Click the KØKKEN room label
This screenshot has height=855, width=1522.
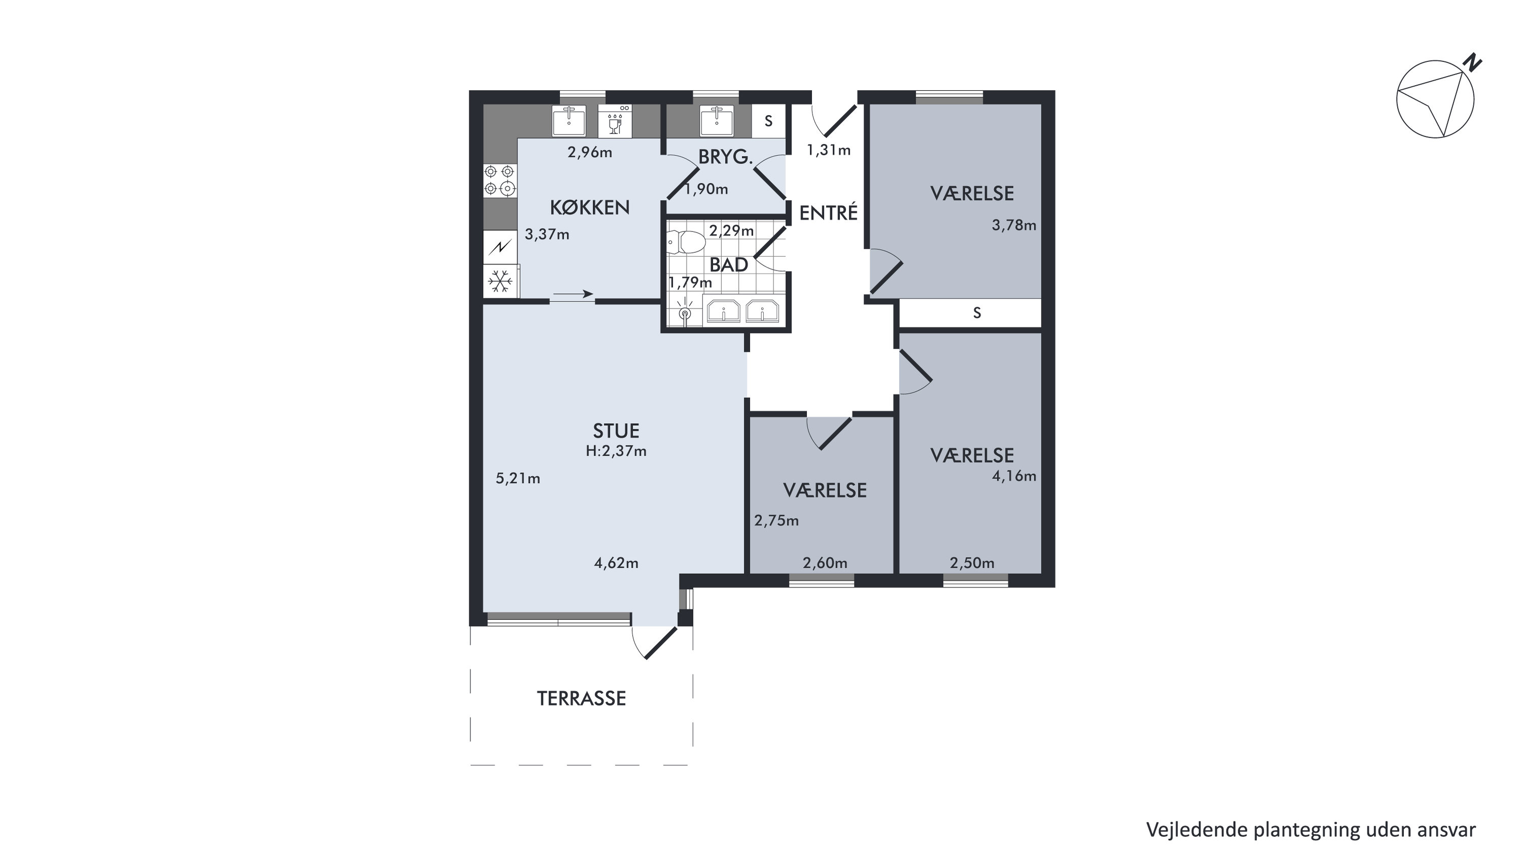point(590,208)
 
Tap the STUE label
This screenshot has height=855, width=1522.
point(616,431)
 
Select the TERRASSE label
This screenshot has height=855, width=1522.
point(582,698)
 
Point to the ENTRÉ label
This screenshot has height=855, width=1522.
point(828,213)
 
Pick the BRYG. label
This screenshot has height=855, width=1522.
point(726,157)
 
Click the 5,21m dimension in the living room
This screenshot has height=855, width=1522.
point(518,478)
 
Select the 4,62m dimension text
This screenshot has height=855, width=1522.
point(616,563)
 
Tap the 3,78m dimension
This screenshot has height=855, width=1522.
point(1014,225)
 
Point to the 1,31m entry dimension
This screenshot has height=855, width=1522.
point(829,150)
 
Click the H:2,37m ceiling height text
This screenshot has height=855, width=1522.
point(616,452)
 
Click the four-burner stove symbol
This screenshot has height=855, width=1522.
point(499,180)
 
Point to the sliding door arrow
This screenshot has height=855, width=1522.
point(573,294)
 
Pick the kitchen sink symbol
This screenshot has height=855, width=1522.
point(568,121)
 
